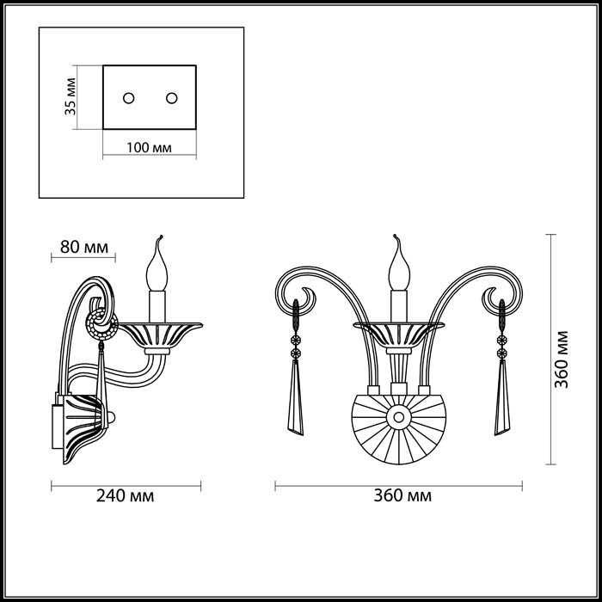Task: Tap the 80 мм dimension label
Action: (x=84, y=248)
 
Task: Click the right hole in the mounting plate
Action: (x=170, y=96)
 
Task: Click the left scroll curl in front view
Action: (x=302, y=297)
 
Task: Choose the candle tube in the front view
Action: (x=398, y=305)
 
